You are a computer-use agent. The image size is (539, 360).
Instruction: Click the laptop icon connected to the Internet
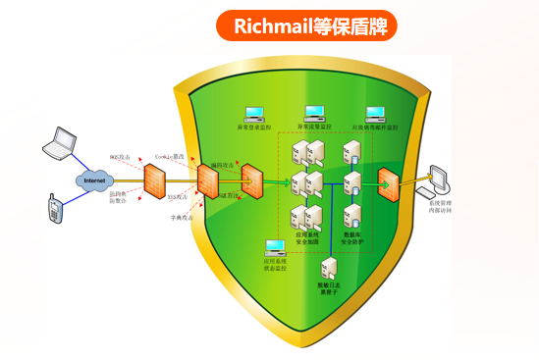coord(60,143)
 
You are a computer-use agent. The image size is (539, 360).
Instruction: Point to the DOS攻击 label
coord(118,156)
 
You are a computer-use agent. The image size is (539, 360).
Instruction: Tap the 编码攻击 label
coord(222,164)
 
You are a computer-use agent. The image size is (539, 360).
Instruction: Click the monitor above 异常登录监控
coord(252,113)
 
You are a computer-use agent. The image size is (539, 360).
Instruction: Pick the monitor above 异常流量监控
coord(314,113)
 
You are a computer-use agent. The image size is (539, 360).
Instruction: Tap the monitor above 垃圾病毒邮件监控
coord(374,113)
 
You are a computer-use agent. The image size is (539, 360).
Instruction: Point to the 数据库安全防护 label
coord(353,238)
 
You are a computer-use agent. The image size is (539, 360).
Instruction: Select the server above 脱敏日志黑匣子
coord(330,268)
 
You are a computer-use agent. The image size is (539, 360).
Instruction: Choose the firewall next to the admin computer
coord(388,181)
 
